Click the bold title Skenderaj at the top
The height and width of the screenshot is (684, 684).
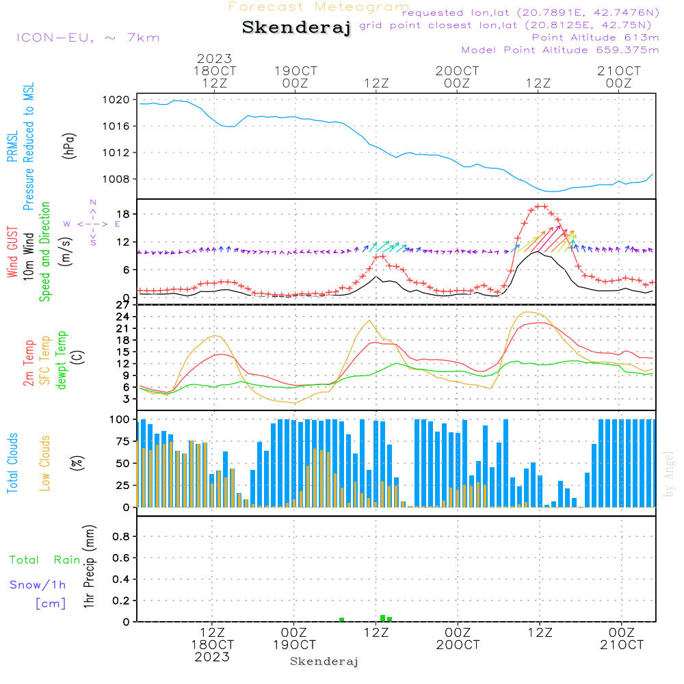pyautogui.click(x=297, y=28)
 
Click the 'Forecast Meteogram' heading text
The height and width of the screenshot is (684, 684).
pyautogui.click(x=319, y=7)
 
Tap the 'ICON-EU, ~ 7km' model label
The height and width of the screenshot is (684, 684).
pyautogui.click(x=88, y=38)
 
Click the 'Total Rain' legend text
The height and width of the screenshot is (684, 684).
pyautogui.click(x=44, y=560)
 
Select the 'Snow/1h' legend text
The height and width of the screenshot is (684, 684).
pyautogui.click(x=38, y=586)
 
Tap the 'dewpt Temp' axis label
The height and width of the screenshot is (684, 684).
pyautogui.click(x=62, y=360)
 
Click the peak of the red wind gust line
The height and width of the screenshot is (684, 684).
pyautogui.click(x=540, y=206)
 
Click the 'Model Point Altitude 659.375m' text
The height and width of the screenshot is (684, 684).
pyautogui.click(x=560, y=50)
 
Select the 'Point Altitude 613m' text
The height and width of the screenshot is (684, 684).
pyautogui.click(x=595, y=38)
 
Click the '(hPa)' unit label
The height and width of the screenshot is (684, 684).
pyautogui.click(x=68, y=145)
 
